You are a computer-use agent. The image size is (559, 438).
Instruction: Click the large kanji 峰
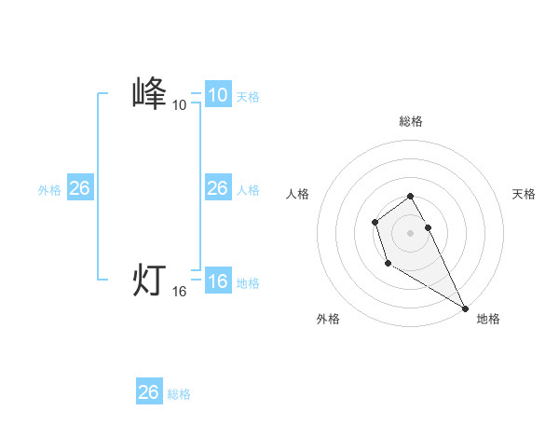(149, 94)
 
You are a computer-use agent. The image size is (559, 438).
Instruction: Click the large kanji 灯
(149, 280)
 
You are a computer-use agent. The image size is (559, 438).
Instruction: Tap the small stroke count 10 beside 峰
(179, 105)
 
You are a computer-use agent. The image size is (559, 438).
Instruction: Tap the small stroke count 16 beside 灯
(179, 292)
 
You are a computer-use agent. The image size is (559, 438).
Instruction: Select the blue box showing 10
(217, 94)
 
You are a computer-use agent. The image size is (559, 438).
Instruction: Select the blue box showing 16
(217, 281)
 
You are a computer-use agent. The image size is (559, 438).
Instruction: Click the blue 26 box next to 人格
(217, 188)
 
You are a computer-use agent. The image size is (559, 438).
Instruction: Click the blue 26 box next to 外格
(79, 188)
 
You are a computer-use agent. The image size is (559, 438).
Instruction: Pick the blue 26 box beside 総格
(148, 392)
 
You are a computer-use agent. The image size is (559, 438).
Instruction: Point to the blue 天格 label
(248, 96)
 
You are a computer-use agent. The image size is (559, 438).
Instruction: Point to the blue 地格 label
(248, 283)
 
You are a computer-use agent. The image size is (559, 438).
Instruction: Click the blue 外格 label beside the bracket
(49, 190)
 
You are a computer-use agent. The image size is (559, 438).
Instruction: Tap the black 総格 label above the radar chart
(410, 121)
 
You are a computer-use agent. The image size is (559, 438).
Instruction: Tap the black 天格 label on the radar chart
(524, 194)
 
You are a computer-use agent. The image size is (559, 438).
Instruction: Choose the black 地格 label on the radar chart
(488, 319)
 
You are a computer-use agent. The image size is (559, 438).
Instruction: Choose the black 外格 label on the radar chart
(328, 319)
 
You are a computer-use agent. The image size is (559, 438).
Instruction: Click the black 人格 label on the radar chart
(297, 194)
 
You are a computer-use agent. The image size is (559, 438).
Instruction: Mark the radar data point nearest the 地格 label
(466, 308)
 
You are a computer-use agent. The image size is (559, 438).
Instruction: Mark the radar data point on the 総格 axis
(410, 196)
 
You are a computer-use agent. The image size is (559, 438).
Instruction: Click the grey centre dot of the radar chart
(410, 232)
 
